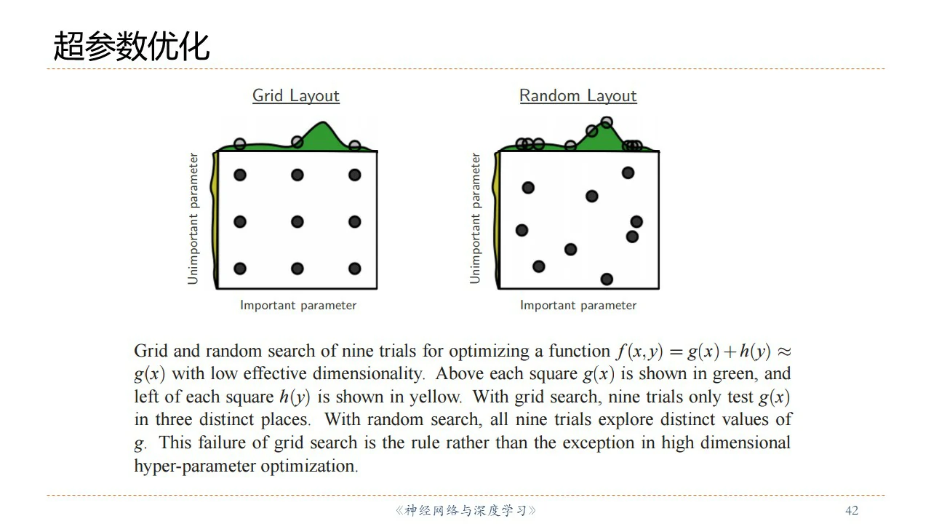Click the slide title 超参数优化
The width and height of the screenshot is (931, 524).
coord(131,46)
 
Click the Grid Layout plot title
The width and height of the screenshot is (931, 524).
coord(296,95)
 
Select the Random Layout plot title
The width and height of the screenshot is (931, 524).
coord(578,95)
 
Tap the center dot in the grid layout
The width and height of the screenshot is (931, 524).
coord(297,222)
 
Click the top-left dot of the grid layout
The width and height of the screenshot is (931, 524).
coord(239,175)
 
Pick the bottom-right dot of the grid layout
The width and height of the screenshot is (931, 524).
coord(355,269)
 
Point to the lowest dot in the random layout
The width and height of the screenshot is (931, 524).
coord(607,279)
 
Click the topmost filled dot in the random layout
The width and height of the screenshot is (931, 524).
coord(628,172)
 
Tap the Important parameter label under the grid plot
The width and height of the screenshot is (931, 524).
coord(298,305)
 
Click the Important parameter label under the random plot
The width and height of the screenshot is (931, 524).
coord(578,305)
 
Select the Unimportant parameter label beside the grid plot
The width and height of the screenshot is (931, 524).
coord(193,218)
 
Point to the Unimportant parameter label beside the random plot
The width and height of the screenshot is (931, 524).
coord(476,218)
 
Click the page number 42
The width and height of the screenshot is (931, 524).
coord(852,510)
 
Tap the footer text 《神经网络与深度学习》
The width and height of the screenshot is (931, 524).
coord(465,510)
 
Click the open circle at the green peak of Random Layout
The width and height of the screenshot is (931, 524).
coord(607,122)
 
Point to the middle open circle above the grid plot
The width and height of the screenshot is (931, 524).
coord(297,142)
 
